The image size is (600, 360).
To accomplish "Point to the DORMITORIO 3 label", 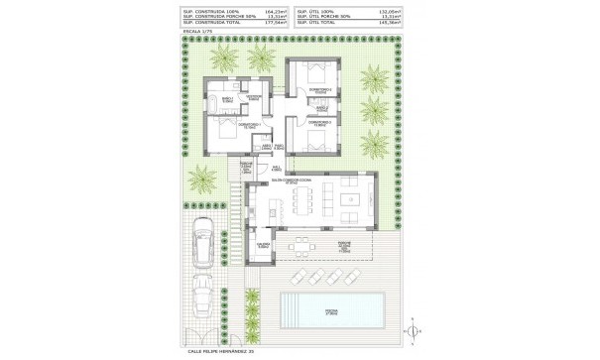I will click(x=317, y=124).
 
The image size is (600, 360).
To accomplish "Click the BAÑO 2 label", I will click(x=282, y=147).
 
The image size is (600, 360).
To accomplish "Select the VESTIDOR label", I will click(x=254, y=97).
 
